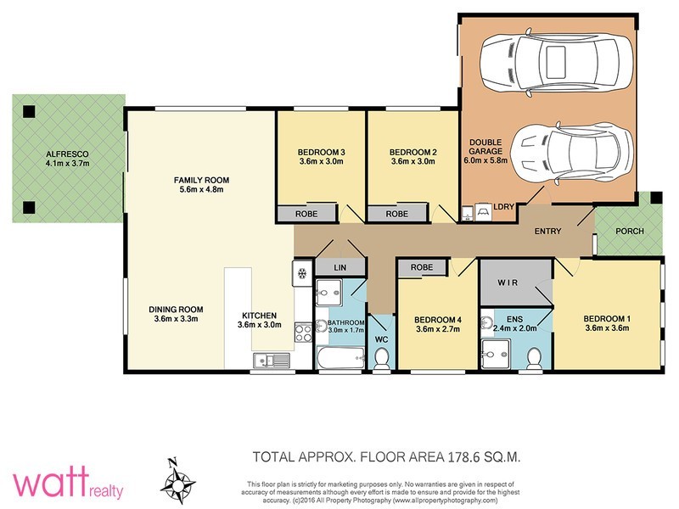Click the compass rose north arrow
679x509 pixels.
click(x=177, y=481)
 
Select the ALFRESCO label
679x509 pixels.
click(x=67, y=154)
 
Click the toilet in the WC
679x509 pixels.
click(x=381, y=358)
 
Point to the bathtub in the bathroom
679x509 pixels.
click(x=341, y=357)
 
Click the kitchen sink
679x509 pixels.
click(x=272, y=360)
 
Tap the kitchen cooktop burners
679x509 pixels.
click(x=303, y=333)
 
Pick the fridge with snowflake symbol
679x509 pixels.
click(x=302, y=273)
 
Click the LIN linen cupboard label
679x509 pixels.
click(x=340, y=268)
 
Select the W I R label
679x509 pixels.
click(x=508, y=282)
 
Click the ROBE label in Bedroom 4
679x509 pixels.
click(x=422, y=267)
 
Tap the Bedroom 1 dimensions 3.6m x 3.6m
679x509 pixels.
click(x=607, y=327)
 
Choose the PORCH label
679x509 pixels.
click(x=630, y=231)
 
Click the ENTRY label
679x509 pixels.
click(x=547, y=231)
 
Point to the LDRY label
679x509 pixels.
click(x=503, y=206)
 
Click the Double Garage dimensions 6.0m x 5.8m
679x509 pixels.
click(x=485, y=160)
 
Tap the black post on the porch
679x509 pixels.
click(x=656, y=198)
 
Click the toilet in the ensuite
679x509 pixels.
click(x=533, y=358)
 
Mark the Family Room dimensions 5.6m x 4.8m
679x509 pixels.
click(x=201, y=189)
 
